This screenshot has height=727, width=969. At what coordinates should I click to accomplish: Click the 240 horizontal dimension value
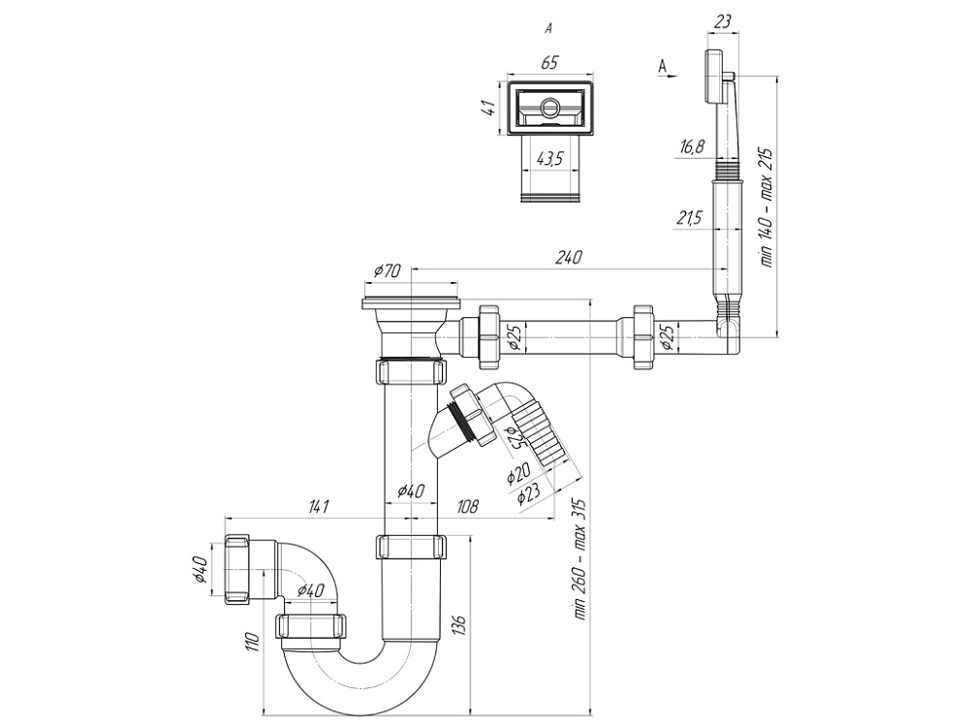tap(569, 258)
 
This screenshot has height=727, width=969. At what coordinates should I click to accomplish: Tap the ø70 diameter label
tap(386, 272)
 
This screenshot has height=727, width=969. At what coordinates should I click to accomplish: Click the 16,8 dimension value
tap(692, 147)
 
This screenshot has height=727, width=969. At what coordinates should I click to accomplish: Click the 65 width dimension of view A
tap(548, 63)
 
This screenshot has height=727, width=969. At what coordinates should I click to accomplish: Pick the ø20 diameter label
tap(518, 474)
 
